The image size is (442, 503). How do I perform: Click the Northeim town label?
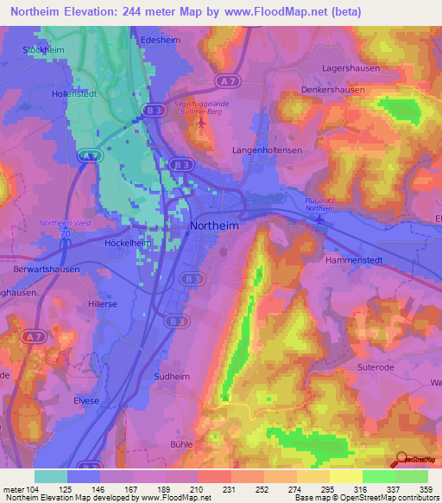coord(214,226)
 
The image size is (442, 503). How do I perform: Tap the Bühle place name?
coord(182,443)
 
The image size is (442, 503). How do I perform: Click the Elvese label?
coord(86,401)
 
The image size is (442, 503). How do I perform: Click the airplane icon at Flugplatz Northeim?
coord(321,219)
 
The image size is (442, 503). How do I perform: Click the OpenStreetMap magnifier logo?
coord(402,461)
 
